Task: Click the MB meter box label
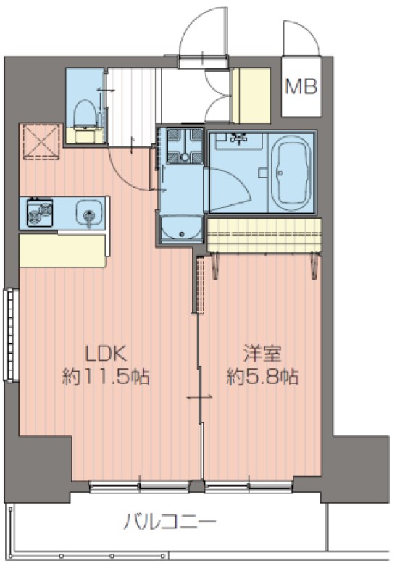click(x=300, y=87)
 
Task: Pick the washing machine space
click(x=182, y=146)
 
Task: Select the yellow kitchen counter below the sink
click(x=63, y=249)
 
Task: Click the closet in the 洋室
click(x=264, y=236)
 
